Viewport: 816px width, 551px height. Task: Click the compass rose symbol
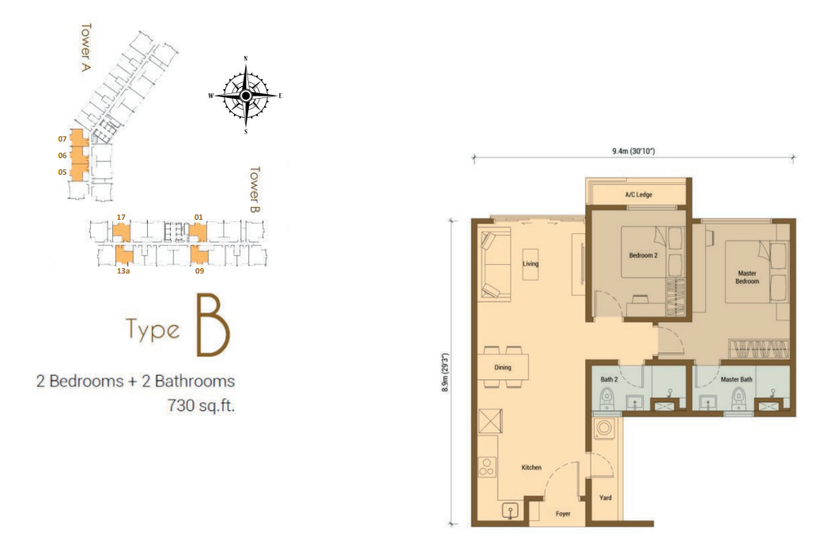point(246,96)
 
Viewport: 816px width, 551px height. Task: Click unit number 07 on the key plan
point(61,138)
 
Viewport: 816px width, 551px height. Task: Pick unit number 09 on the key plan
point(200,270)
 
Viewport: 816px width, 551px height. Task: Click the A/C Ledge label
point(638,194)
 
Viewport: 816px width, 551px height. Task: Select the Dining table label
point(502,368)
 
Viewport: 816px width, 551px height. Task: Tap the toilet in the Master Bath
point(739,398)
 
